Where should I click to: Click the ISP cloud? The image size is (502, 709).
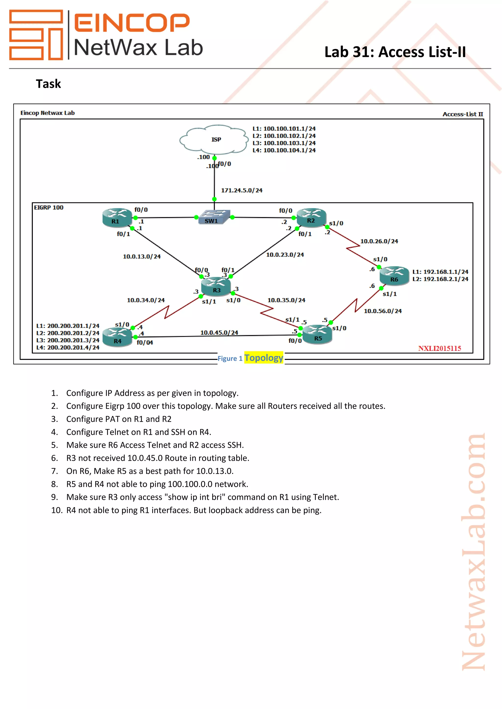point(214,140)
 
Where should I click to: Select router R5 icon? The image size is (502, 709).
point(317,334)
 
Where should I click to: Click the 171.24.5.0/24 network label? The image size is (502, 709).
point(241,190)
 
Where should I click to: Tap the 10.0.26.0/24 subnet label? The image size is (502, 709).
point(379,241)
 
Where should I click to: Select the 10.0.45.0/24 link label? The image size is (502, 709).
point(219,332)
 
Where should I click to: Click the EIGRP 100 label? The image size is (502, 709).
point(49,208)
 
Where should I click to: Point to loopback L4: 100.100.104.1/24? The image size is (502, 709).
point(284,150)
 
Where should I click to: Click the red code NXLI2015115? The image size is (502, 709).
point(439,348)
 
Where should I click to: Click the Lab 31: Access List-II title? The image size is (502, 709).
point(395,52)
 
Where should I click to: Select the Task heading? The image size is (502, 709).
point(48,84)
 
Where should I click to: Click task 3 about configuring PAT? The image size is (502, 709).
point(118,419)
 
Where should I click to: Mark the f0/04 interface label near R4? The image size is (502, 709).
point(145,343)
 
